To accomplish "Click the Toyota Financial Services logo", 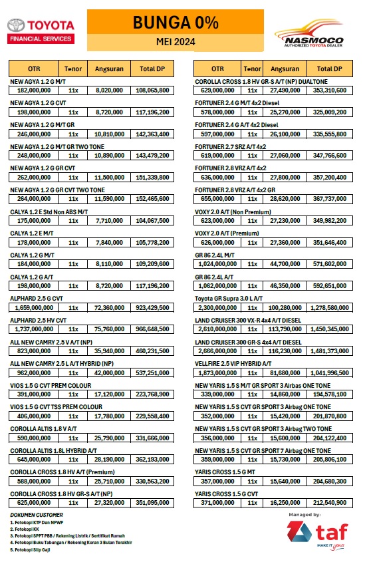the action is [39, 31].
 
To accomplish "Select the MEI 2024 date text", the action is [176, 43].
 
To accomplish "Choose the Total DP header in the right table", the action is [329, 69].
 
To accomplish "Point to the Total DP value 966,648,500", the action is [152, 328].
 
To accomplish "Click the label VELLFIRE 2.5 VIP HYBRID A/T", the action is [233, 364].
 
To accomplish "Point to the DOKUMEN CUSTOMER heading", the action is [36, 515].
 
